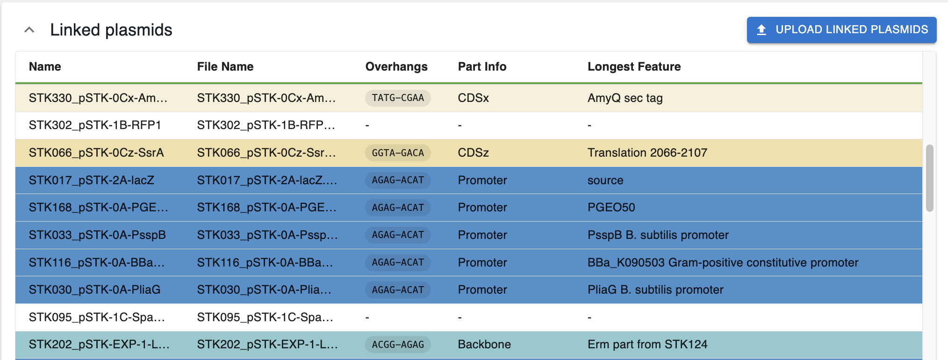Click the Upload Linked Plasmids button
[841, 30]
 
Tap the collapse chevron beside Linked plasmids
[29, 30]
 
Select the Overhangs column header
[396, 67]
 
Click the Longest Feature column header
[634, 67]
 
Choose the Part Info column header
[482, 67]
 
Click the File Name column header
[225, 67]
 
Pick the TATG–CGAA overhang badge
[398, 98]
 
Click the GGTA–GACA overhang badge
[398, 153]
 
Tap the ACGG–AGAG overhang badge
[398, 345]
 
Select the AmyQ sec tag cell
[625, 98]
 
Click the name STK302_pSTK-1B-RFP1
[95, 125]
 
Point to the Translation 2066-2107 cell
[647, 153]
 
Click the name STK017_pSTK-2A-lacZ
[92, 180]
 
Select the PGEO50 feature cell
[611, 208]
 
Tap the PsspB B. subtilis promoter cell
[658, 235]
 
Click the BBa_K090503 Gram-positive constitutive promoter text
[723, 263]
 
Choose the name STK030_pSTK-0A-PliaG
[94, 290]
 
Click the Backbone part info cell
[484, 345]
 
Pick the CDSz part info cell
[473, 153]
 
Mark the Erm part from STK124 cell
[647, 345]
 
